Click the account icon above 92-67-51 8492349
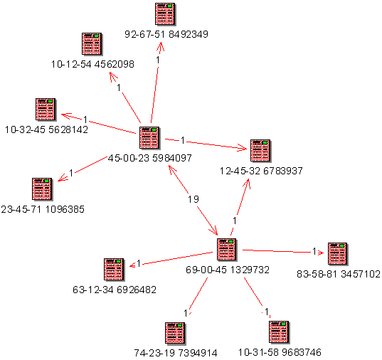point(165,14)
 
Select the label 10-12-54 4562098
point(92,64)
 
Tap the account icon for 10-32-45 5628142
point(46,110)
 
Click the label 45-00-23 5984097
point(149,158)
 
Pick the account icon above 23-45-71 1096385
point(42,189)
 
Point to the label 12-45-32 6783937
point(261,171)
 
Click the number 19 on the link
point(193,199)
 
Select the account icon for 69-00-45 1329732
point(227,250)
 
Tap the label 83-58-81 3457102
point(339,274)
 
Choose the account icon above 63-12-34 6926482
point(114,270)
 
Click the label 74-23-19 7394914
point(176,353)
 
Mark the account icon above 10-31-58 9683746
point(279,332)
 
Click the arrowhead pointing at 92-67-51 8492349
point(161,46)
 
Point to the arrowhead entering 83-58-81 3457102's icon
point(322,253)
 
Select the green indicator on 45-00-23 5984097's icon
point(154,130)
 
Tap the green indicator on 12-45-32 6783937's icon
point(265,142)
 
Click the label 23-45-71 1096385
point(43,209)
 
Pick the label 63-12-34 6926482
point(115,290)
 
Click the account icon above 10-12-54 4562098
point(92,44)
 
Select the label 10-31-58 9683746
point(280,352)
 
